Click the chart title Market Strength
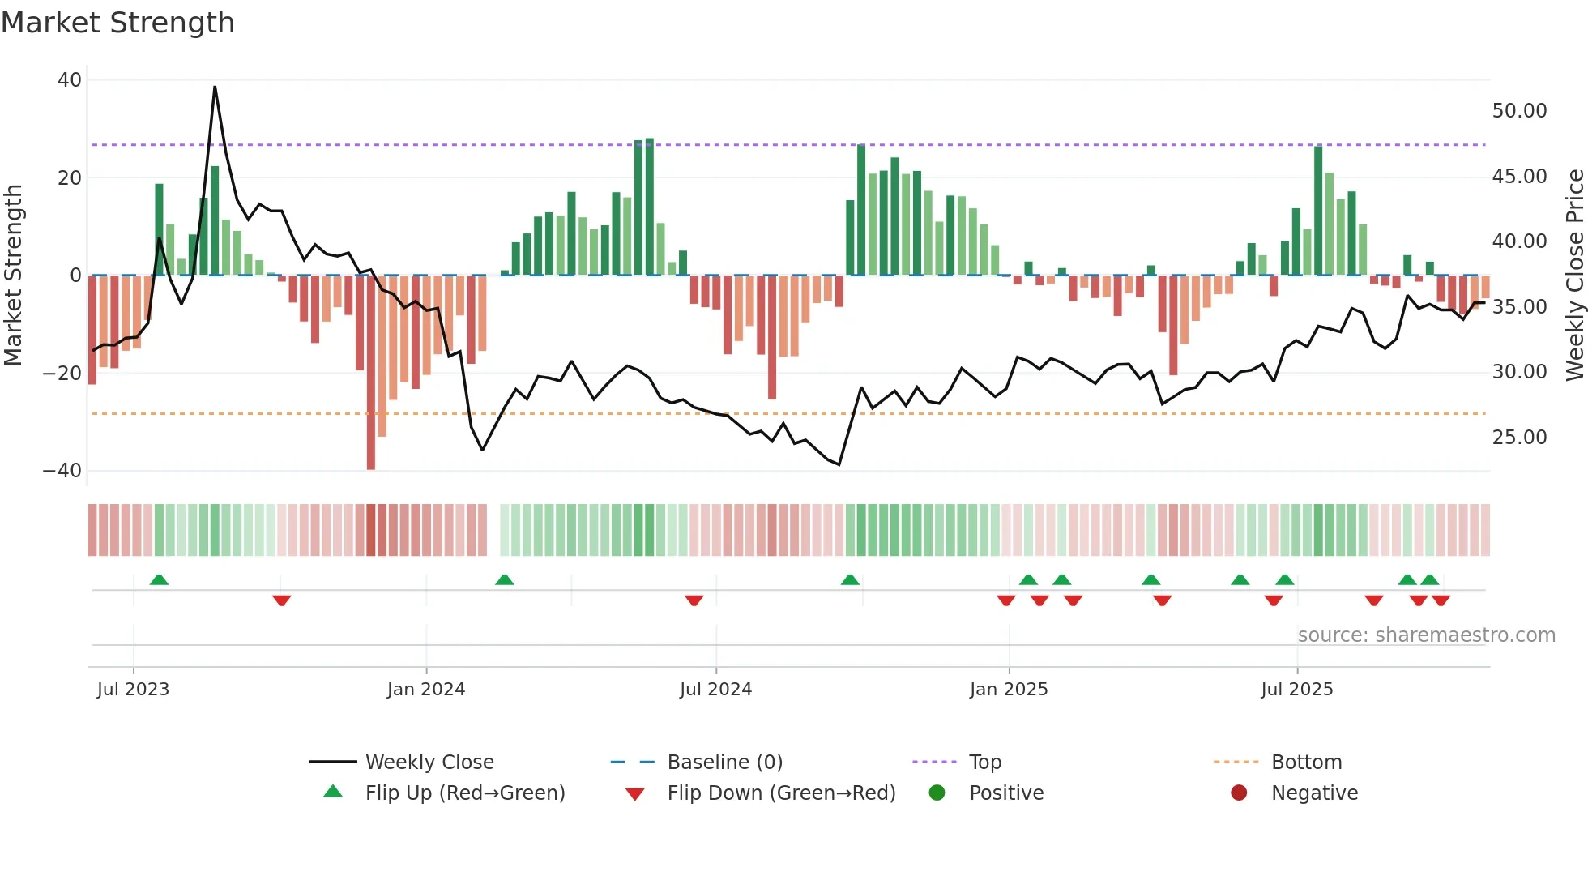[117, 23]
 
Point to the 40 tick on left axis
[70, 80]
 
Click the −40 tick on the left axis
[62, 471]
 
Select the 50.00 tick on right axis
[1519, 111]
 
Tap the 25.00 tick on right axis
[1519, 438]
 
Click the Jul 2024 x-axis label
[715, 690]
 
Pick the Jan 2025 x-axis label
[1009, 690]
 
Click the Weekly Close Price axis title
[1574, 276]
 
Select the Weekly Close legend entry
[429, 763]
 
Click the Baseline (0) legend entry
[724, 763]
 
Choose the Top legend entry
[985, 763]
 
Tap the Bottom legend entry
[1306, 763]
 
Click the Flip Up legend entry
[464, 793]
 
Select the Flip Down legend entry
[781, 793]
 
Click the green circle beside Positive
[937, 793]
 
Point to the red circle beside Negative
[1239, 793]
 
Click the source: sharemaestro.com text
[1426, 635]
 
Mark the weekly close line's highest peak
[215, 87]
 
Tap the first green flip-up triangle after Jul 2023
[159, 579]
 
